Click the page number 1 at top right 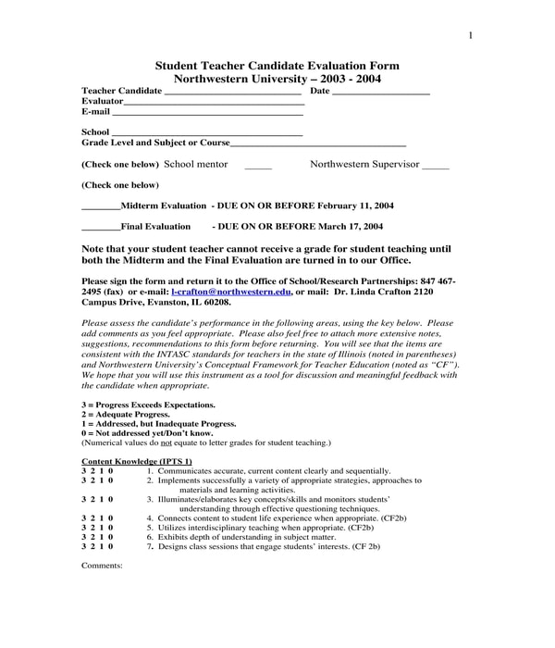point(470,36)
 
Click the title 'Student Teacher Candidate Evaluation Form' point(277,66)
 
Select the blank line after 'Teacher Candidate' point(233,93)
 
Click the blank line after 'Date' point(380,93)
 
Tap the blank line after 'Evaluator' point(214,103)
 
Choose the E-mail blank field point(208,114)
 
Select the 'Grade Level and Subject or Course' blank point(318,145)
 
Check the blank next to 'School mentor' point(258,167)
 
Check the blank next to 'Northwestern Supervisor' point(435,167)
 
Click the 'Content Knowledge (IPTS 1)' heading point(137,461)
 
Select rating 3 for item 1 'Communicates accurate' point(84,471)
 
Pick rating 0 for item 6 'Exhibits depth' point(111,537)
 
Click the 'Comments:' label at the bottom point(102,565)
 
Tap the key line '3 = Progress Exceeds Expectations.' point(148,405)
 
